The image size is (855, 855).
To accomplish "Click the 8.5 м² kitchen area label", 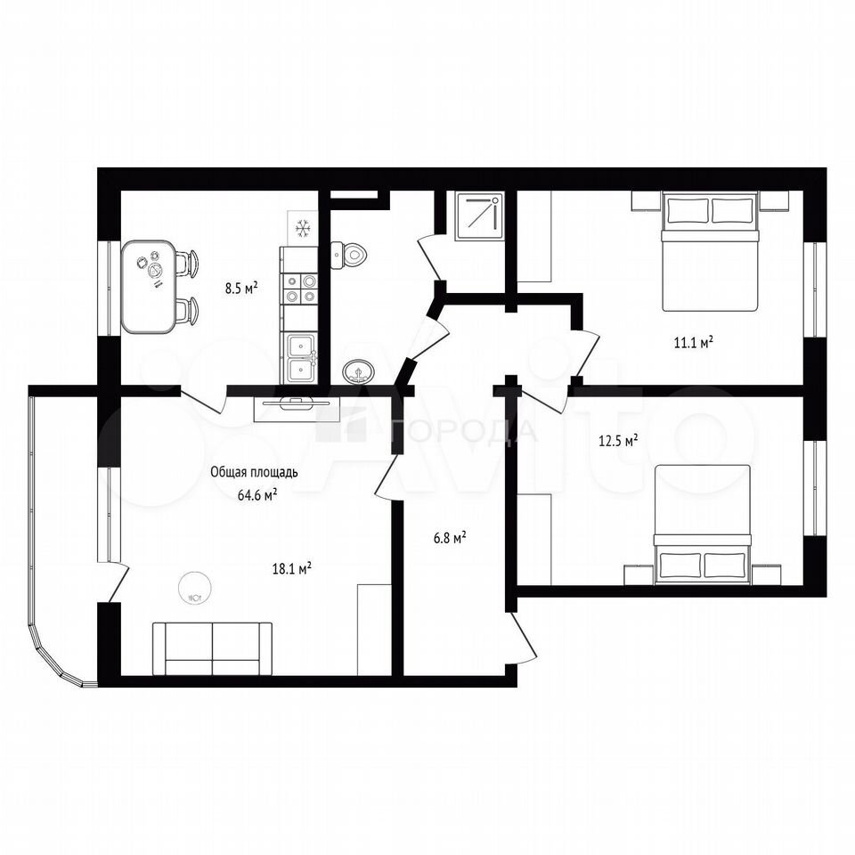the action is click(x=241, y=288).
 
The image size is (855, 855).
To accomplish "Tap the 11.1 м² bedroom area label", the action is click(x=694, y=342).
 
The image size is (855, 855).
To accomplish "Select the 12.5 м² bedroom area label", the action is click(x=618, y=441).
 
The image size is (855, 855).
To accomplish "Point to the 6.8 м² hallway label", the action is click(x=449, y=538).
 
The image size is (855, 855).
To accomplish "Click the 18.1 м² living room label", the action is click(x=292, y=569).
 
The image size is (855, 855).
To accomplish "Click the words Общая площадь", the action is click(x=254, y=472).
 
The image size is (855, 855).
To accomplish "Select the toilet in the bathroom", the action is click(x=348, y=255).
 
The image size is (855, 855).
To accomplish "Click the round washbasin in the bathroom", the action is click(x=358, y=372).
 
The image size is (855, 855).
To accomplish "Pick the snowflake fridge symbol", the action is click(x=302, y=228).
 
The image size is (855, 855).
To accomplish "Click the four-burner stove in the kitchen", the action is click(x=299, y=289).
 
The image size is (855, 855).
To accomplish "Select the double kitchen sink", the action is click(x=299, y=358).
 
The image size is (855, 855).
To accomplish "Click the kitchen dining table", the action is click(x=149, y=287).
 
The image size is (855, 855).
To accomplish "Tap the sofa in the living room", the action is click(x=212, y=648).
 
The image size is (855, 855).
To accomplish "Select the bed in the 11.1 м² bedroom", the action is click(x=710, y=251).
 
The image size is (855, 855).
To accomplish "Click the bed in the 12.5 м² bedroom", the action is click(x=703, y=525).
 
